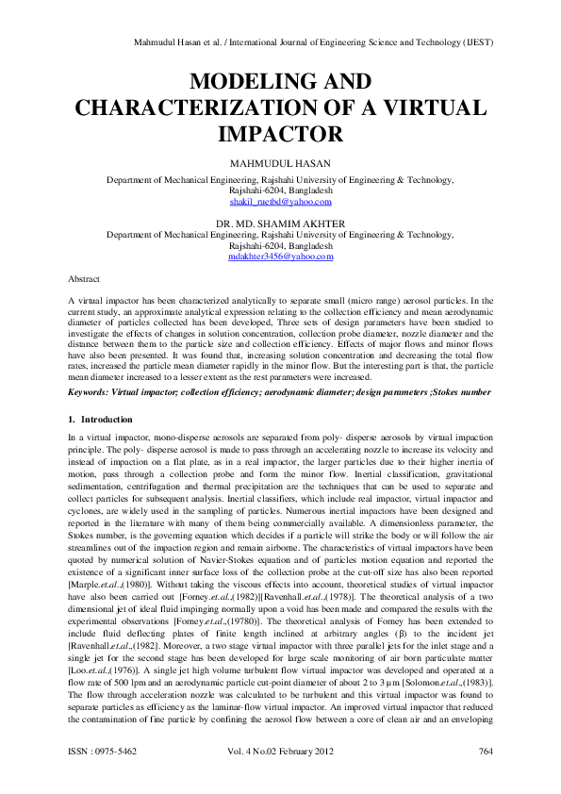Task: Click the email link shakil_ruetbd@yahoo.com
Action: click(280, 202)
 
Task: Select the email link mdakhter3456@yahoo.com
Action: click(280, 256)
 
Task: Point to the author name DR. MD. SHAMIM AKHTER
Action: click(280, 223)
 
